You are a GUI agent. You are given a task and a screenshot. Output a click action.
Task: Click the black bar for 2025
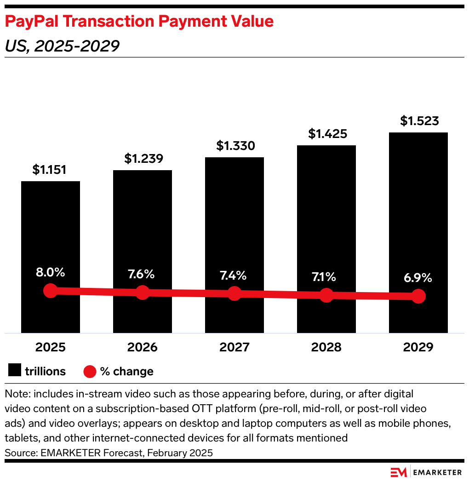tap(51, 230)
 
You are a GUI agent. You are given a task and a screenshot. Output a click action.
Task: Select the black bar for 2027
tap(234, 221)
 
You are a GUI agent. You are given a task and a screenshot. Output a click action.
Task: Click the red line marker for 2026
tap(143, 292)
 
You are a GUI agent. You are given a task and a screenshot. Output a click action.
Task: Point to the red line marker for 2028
tap(326, 295)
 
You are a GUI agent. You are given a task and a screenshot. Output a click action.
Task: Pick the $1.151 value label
tap(50, 170)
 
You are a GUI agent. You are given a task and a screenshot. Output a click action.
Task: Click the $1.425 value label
tap(327, 134)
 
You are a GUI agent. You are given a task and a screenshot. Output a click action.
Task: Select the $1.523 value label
tap(419, 121)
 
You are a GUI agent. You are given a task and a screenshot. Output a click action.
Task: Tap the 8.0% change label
tap(51, 272)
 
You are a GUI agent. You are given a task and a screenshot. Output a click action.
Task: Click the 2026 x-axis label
tap(143, 347)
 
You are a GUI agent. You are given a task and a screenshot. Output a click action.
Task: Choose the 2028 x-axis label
tap(326, 347)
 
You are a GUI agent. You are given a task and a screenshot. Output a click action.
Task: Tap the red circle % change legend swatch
tap(90, 371)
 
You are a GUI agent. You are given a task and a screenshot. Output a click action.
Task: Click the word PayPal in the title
tap(32, 21)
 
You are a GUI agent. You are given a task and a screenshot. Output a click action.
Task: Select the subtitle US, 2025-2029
tap(62, 46)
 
